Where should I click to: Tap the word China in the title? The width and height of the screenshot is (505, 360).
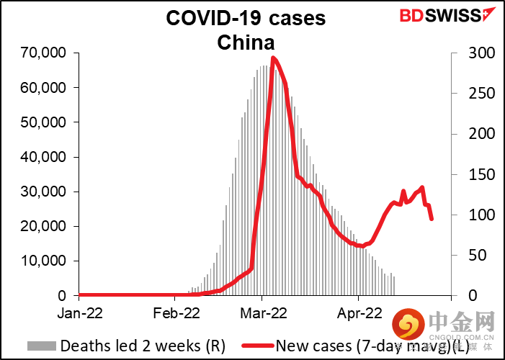click(x=246, y=43)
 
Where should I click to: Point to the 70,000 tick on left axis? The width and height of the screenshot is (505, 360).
click(x=46, y=53)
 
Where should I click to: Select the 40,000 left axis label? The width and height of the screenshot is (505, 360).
click(x=46, y=157)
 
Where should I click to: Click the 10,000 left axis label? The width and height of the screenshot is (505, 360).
click(x=46, y=261)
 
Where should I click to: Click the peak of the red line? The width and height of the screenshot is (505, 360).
click(x=273, y=58)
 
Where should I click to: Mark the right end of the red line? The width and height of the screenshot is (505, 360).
click(x=432, y=219)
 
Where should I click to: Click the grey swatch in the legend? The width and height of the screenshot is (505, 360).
click(x=43, y=346)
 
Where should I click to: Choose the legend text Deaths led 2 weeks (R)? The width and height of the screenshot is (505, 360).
click(x=143, y=346)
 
